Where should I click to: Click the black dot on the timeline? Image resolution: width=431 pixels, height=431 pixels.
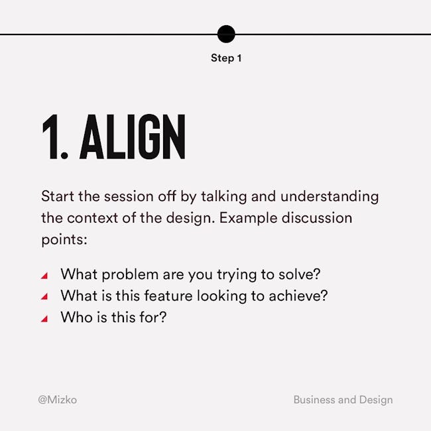[x=226, y=34]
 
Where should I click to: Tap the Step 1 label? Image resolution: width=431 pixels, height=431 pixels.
[x=226, y=58]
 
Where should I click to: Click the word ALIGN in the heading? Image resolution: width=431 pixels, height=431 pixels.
[x=133, y=137]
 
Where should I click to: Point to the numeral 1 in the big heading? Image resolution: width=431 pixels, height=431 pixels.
[x=50, y=137]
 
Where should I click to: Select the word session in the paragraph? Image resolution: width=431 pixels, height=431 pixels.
[x=129, y=196]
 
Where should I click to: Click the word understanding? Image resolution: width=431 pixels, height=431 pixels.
[x=330, y=196]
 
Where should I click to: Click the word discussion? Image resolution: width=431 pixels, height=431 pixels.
[x=317, y=218]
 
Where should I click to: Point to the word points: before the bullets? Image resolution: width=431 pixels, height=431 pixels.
[x=64, y=239]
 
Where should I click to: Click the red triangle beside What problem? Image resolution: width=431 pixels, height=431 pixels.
[x=44, y=275]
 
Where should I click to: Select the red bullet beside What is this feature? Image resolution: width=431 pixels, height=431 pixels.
[x=44, y=296]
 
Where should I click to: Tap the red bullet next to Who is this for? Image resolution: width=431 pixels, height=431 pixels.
[x=44, y=318]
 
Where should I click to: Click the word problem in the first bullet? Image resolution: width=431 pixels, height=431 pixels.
[x=130, y=275]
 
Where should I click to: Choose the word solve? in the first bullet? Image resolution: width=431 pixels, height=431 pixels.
[x=299, y=274]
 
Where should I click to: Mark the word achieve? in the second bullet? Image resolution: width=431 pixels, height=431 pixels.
[x=298, y=296]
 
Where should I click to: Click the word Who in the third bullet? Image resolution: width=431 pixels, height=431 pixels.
[x=76, y=317]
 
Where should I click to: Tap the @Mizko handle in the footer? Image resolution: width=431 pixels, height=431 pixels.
[x=58, y=400]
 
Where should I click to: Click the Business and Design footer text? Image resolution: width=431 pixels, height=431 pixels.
[x=343, y=400]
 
